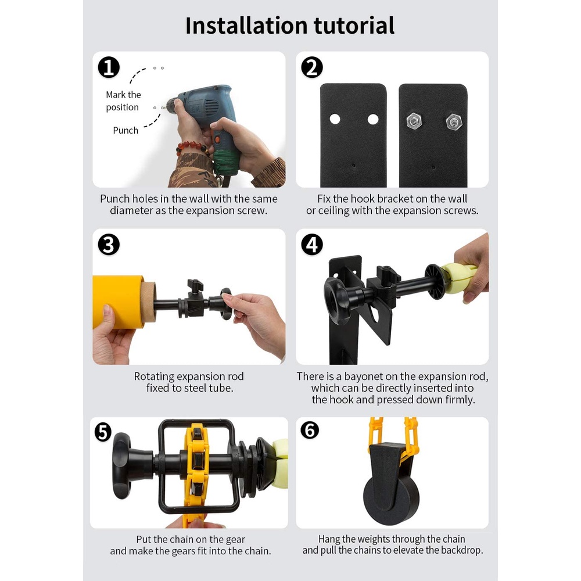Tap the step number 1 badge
click(109, 67)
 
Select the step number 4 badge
click(312, 245)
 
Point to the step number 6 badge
click(310, 430)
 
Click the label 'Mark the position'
click(123, 101)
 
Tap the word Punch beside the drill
click(125, 130)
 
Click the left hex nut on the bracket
click(414, 121)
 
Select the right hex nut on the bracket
click(454, 121)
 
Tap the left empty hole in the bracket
click(335, 119)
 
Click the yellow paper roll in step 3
click(118, 302)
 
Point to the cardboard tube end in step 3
click(149, 302)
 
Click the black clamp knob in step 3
click(195, 286)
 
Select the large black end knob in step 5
click(122, 465)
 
